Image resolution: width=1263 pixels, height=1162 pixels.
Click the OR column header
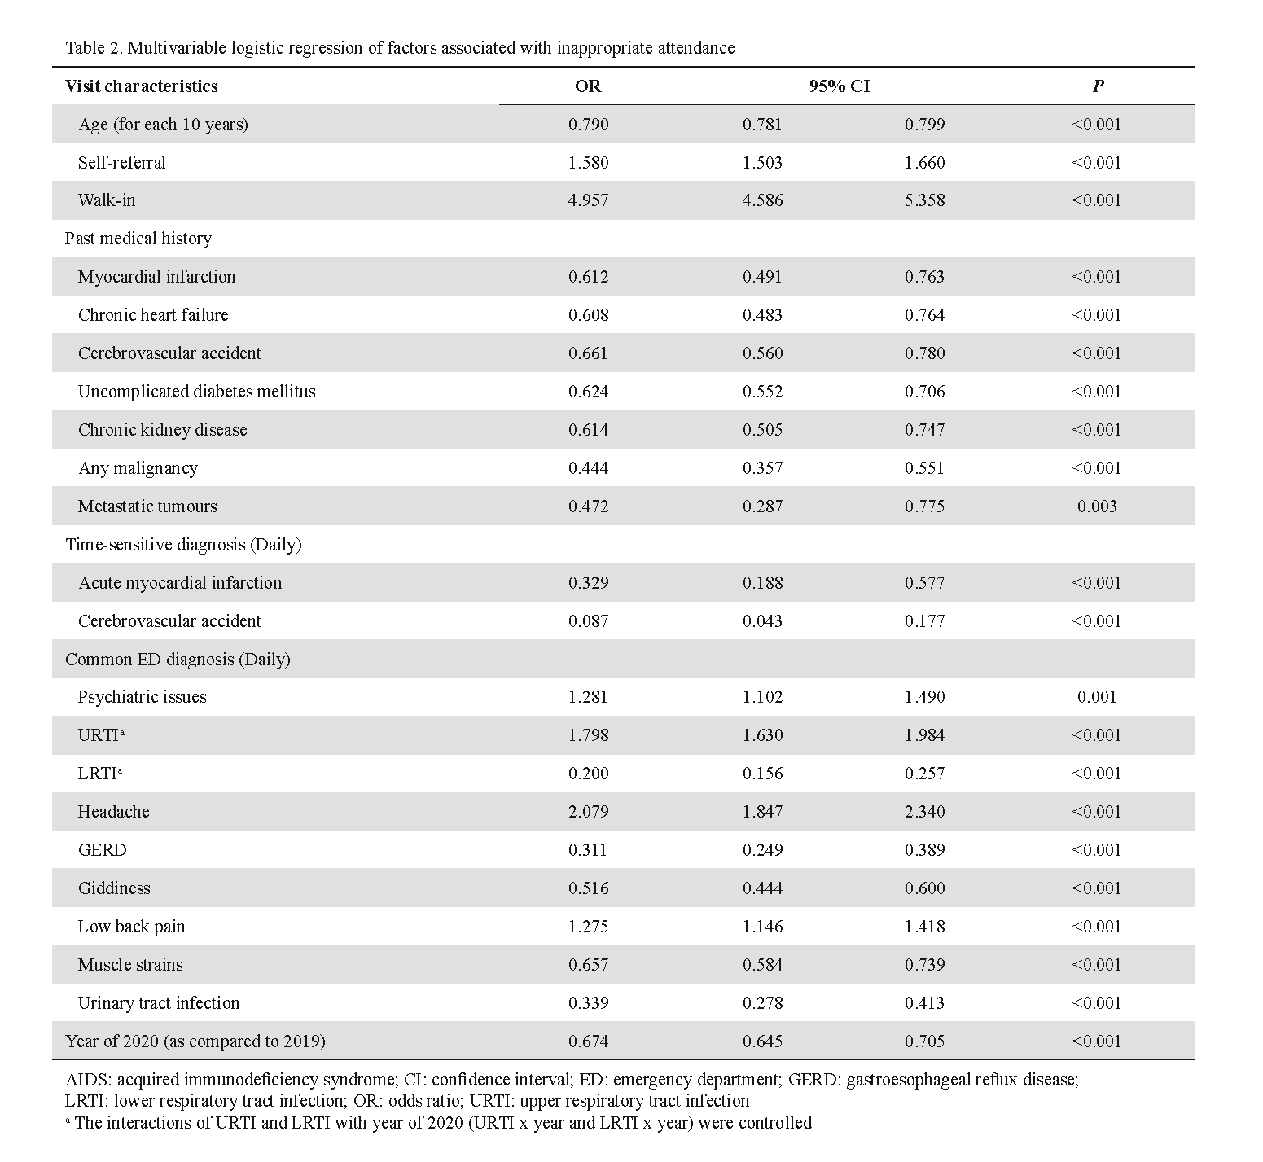click(x=587, y=86)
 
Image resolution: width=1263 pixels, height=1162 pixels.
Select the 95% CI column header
click(x=839, y=86)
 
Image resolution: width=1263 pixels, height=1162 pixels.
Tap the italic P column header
click(x=1098, y=86)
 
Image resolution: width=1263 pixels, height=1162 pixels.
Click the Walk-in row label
click(x=107, y=200)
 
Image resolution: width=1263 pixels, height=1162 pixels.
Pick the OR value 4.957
click(x=588, y=200)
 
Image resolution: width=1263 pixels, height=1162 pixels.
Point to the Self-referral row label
click(x=121, y=163)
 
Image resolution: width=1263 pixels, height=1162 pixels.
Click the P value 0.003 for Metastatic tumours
click(x=1097, y=506)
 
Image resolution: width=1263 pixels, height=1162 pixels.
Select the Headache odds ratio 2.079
click(x=588, y=812)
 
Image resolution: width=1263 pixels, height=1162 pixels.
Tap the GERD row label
click(x=102, y=850)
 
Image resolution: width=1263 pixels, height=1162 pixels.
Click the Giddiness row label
click(x=114, y=888)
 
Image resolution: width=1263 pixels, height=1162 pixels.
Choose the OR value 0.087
click(x=588, y=621)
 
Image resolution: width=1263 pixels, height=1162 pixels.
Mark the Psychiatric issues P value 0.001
click(x=1097, y=697)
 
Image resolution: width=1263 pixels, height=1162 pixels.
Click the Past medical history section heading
click(x=138, y=239)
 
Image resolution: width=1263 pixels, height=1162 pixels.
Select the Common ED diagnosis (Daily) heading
click(x=178, y=660)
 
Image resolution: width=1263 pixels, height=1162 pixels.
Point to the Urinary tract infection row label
click(x=159, y=1003)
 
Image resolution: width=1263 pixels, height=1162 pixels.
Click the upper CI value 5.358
click(x=924, y=200)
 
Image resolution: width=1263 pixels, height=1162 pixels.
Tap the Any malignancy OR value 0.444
click(x=588, y=468)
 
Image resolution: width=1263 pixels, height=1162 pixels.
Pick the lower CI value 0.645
click(x=762, y=1041)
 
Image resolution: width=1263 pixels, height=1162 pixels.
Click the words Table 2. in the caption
click(x=94, y=48)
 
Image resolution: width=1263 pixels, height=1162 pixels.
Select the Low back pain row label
click(x=131, y=927)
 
